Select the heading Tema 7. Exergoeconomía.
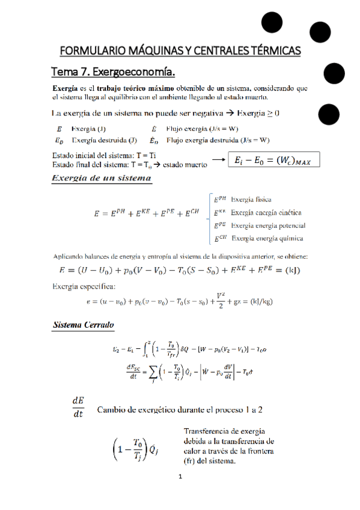[113, 73]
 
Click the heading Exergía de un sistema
[102, 178]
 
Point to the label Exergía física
[251, 199]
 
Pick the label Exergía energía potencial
[268, 226]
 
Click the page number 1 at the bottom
[180, 478]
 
